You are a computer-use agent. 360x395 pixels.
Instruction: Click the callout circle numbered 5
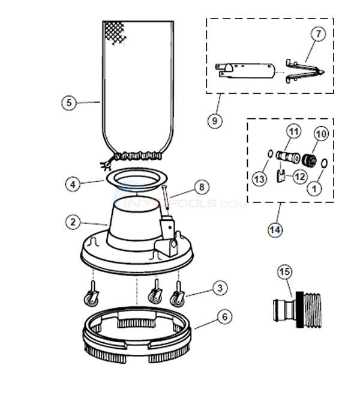click(x=69, y=103)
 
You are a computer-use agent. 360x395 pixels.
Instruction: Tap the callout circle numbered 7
click(x=317, y=34)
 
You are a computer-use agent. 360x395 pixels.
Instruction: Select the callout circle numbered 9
click(x=214, y=120)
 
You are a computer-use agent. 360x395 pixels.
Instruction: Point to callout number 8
click(x=201, y=187)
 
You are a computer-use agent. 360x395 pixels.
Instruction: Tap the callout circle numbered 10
click(x=320, y=134)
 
